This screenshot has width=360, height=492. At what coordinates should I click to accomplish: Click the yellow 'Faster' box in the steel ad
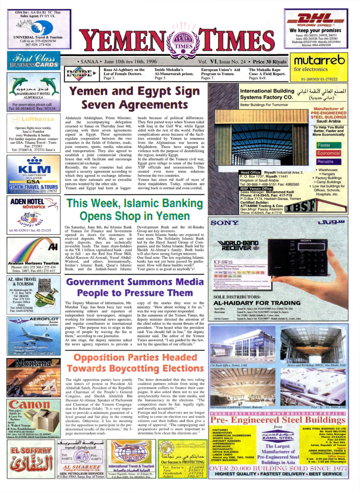pyautogui.click(x=324, y=145)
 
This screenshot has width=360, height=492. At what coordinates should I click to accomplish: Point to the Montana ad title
pyautogui.click(x=33, y=364)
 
